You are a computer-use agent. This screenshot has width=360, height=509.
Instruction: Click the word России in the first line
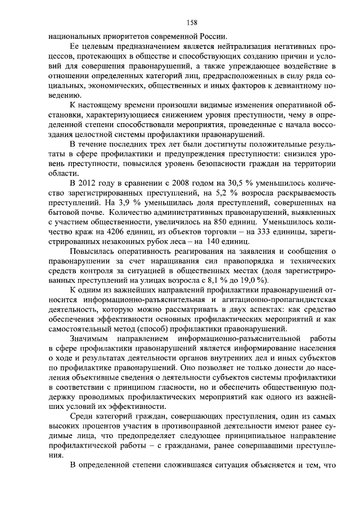(214, 37)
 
